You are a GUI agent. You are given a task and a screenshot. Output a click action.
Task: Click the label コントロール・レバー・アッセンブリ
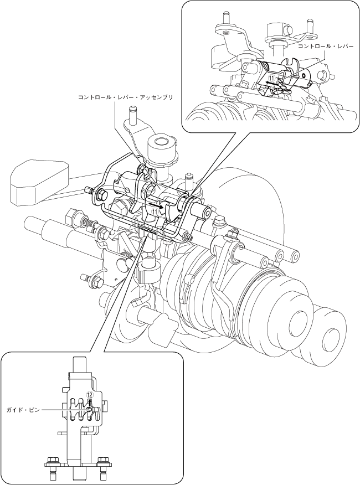click(x=126, y=97)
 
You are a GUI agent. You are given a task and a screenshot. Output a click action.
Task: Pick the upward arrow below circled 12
click(x=89, y=404)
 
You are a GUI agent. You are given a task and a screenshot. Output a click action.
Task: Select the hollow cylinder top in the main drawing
click(x=161, y=145)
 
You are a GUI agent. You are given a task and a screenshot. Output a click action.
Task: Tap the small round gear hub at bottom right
click(x=331, y=334)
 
